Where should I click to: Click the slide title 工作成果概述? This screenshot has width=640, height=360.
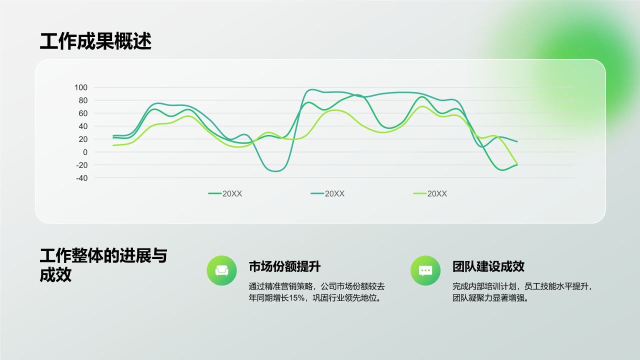[x=95, y=41]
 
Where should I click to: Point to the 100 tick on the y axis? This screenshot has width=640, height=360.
[x=81, y=87]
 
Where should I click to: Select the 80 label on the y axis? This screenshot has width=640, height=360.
[x=82, y=100]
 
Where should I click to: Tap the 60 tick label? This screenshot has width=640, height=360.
[x=82, y=113]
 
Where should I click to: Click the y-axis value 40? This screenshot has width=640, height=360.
[x=82, y=126]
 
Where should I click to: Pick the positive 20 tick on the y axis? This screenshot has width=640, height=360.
[x=82, y=139]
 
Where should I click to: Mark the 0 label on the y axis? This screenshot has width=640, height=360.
[x=85, y=152]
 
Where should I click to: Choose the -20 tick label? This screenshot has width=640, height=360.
[x=81, y=165]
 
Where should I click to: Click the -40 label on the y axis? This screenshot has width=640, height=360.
[x=81, y=178]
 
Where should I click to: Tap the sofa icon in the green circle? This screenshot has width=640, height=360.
[x=221, y=270]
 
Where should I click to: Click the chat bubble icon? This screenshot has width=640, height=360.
[x=425, y=270]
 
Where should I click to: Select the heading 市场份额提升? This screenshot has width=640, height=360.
[x=284, y=266]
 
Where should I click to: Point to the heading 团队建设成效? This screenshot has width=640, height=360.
[x=488, y=266]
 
